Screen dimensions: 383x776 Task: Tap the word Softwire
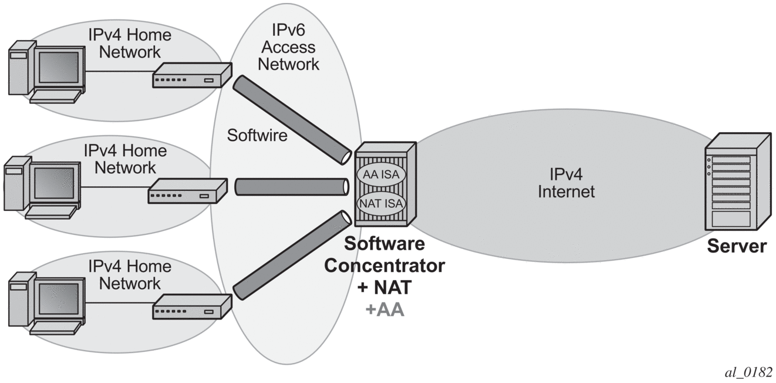[x=257, y=136]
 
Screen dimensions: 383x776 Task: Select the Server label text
[x=736, y=246]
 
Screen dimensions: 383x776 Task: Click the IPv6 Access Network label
[x=288, y=47]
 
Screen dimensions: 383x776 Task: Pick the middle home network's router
[x=187, y=192]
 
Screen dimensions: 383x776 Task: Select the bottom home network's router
[x=191, y=307]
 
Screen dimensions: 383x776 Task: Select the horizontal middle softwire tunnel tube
[x=290, y=187]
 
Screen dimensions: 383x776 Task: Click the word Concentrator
[x=384, y=266]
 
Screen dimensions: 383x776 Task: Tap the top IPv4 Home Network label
[x=130, y=43]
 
